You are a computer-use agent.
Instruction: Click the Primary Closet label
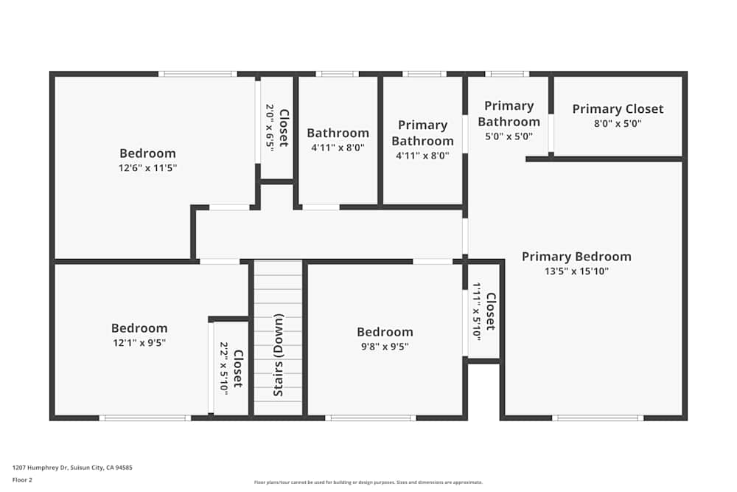click(618, 109)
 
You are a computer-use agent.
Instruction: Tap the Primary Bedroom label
click(576, 257)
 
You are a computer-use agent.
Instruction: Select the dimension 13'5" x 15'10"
click(576, 271)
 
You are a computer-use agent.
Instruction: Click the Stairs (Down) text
click(279, 355)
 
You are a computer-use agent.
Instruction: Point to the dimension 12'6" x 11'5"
click(148, 168)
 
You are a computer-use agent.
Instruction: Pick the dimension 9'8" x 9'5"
click(385, 346)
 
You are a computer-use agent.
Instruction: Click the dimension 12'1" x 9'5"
click(139, 342)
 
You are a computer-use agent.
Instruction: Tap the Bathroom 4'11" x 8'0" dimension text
click(338, 148)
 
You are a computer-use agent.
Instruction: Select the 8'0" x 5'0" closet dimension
click(618, 124)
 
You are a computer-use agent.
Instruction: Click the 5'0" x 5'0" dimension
click(509, 136)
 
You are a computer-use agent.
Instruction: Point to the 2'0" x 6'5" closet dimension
click(270, 128)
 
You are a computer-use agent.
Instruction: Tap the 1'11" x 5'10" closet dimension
click(477, 311)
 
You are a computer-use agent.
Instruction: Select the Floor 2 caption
click(22, 479)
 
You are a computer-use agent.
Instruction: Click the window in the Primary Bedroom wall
click(598, 418)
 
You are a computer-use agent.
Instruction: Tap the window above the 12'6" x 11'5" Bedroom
click(198, 74)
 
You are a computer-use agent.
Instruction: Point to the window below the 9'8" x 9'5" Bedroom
click(371, 418)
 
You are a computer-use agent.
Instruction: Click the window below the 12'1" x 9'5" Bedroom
click(145, 418)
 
